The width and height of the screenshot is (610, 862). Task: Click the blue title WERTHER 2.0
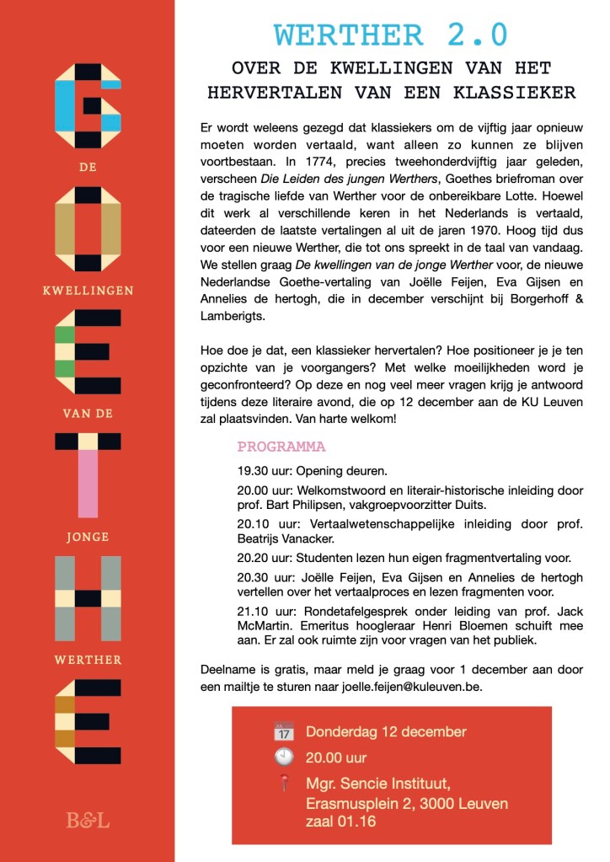coord(391,35)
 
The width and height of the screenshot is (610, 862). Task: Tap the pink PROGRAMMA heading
coord(281,447)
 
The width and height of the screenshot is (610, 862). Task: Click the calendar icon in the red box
coord(284,731)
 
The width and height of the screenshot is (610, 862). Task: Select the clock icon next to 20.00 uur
coord(284,757)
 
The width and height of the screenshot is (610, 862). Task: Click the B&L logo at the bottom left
coord(88,819)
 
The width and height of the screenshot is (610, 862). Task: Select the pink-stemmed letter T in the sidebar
coord(88,475)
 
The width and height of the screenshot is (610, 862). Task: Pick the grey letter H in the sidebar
coord(88,599)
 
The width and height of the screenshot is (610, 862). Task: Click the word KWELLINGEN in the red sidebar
coord(88,291)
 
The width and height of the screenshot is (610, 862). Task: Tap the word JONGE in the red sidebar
coord(88,536)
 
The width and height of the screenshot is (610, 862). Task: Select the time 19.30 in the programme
coord(253,470)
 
